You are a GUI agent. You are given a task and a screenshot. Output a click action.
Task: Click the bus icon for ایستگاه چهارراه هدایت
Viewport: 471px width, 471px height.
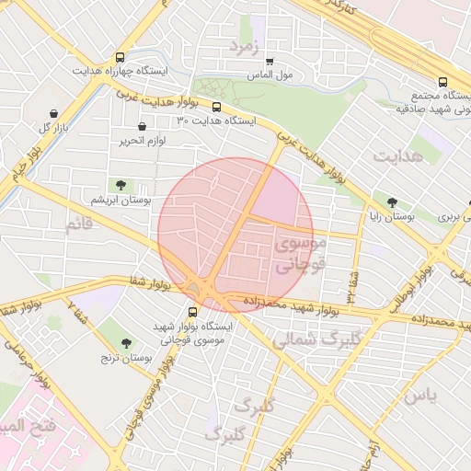click(x=120, y=57)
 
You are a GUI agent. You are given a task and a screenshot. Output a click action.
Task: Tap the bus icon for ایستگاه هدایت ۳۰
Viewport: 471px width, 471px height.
click(x=216, y=107)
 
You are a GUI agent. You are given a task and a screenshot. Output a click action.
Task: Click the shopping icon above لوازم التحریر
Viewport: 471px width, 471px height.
click(x=142, y=127)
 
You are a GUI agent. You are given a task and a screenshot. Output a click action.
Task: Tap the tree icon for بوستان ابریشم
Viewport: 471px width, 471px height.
click(x=121, y=185)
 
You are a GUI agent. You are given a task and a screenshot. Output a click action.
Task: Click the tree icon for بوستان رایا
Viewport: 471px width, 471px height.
click(x=393, y=202)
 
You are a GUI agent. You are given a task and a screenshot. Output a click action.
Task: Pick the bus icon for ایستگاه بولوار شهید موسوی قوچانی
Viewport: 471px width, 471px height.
click(x=192, y=312)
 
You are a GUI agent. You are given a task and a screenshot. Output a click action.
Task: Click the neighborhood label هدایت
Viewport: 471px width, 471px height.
click(x=398, y=156)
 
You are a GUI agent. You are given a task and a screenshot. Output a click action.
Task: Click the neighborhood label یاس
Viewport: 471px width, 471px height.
click(x=419, y=396)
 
